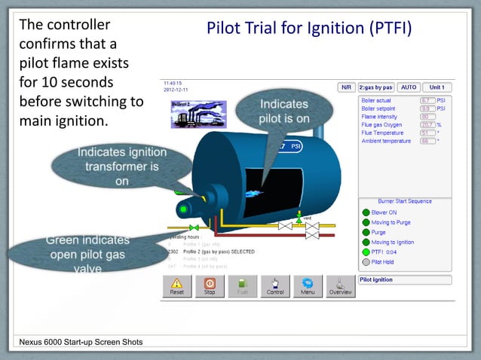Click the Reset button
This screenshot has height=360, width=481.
(176, 286)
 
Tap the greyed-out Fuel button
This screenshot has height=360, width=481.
(243, 286)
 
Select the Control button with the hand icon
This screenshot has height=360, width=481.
(275, 286)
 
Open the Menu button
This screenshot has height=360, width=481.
(308, 286)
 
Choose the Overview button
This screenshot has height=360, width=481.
(340, 286)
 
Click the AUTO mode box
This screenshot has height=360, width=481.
(408, 87)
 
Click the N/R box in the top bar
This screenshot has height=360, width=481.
(346, 87)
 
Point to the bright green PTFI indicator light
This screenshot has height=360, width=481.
(366, 252)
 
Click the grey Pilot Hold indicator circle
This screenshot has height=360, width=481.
(366, 262)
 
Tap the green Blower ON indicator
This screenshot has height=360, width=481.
(366, 212)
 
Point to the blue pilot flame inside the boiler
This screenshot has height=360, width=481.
(257, 193)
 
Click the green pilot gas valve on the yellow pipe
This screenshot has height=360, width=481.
(195, 227)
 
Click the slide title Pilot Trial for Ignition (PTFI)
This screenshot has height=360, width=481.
(309, 29)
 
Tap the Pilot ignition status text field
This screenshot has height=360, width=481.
(405, 279)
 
